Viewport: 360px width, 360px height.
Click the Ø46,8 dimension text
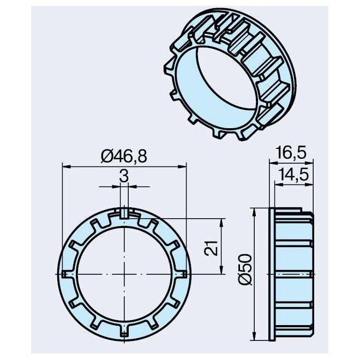pyautogui.click(x=124, y=156)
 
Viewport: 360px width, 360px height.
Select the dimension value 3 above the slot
pyautogui.click(x=124, y=176)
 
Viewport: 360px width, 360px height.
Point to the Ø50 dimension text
pyautogui.click(x=245, y=272)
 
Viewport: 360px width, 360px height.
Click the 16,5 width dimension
pyautogui.click(x=291, y=153)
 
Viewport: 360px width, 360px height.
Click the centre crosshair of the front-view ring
pyautogui.click(x=124, y=272)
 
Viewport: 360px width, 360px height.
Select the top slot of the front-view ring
pyautogui.click(x=124, y=213)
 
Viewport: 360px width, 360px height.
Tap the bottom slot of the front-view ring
pyautogui.click(x=124, y=332)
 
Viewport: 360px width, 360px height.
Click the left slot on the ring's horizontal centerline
pyautogui.click(x=65, y=272)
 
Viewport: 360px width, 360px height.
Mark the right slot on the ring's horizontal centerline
pyautogui.click(x=184, y=272)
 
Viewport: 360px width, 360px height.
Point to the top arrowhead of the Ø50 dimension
pyautogui.click(x=254, y=211)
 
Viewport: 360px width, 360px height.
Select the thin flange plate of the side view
pyautogui.click(x=272, y=272)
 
